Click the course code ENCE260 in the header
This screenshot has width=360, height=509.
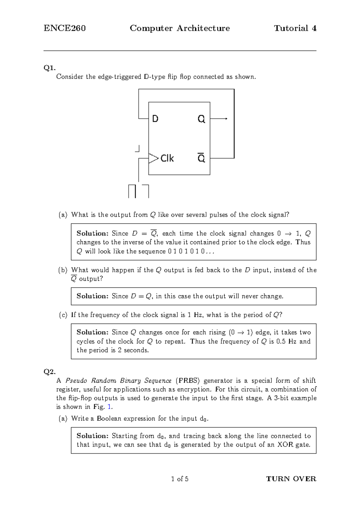pyautogui.click(x=65, y=28)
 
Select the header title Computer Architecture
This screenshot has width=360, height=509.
pyautogui.click(x=180, y=28)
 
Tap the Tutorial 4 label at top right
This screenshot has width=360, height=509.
pyautogui.click(x=295, y=28)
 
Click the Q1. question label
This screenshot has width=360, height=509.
pyautogui.click(x=49, y=68)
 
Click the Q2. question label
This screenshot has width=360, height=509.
pyautogui.click(x=49, y=372)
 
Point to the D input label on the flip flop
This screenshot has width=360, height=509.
pyautogui.click(x=155, y=119)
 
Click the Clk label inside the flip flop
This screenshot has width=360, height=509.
pyautogui.click(x=167, y=158)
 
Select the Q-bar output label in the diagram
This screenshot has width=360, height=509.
pyautogui.click(x=201, y=158)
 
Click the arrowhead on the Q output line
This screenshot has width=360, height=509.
pyautogui.click(x=226, y=119)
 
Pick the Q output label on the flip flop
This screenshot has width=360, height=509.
pyautogui.click(x=201, y=119)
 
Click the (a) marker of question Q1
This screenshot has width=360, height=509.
pyautogui.click(x=63, y=215)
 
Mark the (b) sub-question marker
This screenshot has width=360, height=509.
pyautogui.click(x=63, y=270)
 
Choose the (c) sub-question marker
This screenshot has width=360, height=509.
pyautogui.click(x=63, y=315)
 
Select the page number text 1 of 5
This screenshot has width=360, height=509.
pyautogui.click(x=180, y=479)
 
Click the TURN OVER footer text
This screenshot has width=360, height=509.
pyautogui.click(x=291, y=479)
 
